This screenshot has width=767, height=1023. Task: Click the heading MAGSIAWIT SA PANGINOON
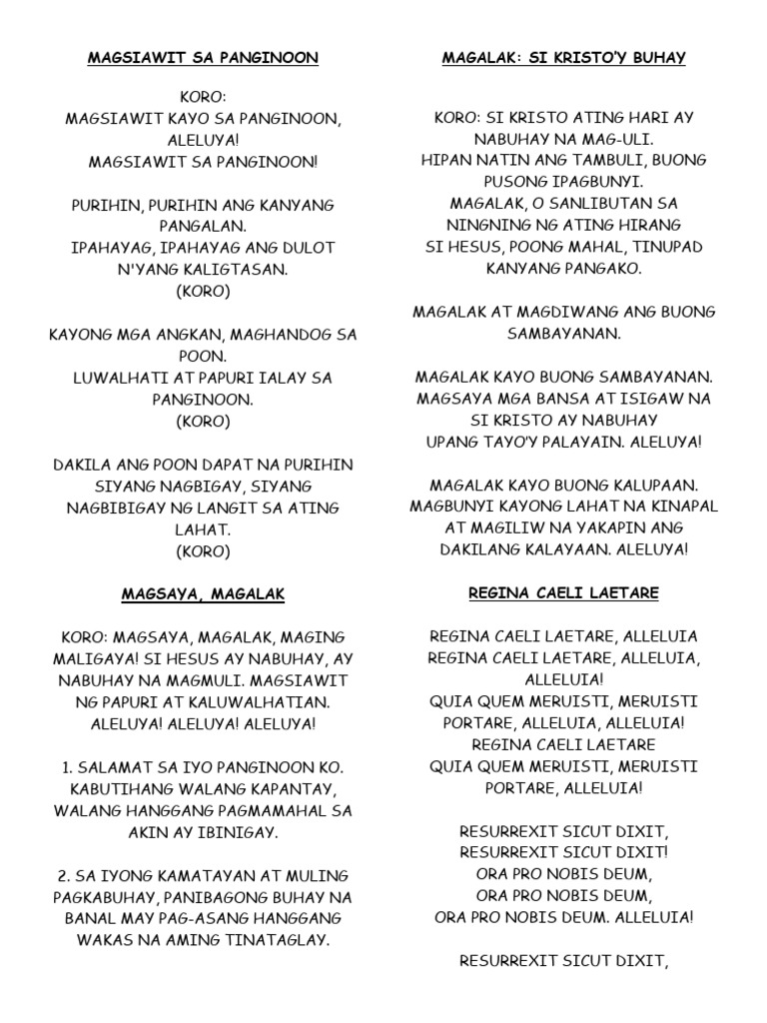coord(203,58)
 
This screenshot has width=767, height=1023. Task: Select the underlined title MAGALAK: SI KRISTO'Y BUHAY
coord(563,58)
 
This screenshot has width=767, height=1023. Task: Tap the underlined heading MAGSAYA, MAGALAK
coord(203,594)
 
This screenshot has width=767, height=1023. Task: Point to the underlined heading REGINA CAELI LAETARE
coord(563,593)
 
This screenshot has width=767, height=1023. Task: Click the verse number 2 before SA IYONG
coord(62,876)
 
